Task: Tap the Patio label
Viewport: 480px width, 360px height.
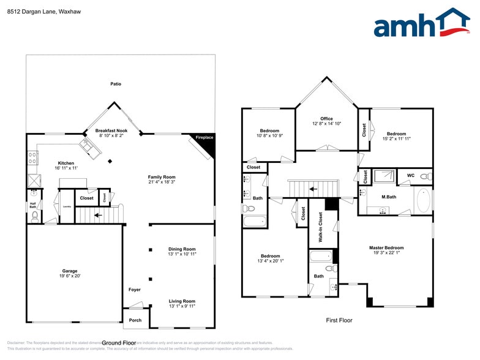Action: [x=116, y=84]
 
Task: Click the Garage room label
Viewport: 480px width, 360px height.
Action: [x=69, y=271]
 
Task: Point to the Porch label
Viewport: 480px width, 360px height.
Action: [x=135, y=320]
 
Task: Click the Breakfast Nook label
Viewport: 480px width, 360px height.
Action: [x=111, y=131]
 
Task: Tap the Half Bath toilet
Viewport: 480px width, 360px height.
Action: [x=33, y=216]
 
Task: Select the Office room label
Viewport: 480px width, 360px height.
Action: [x=326, y=119]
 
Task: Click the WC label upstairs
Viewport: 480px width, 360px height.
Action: [x=411, y=176]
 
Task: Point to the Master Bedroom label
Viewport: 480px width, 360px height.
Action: [x=386, y=248]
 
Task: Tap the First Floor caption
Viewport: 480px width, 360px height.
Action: [x=339, y=320]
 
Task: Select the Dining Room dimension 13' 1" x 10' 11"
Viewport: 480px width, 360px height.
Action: [x=182, y=254]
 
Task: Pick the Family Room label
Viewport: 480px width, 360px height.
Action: [x=162, y=177]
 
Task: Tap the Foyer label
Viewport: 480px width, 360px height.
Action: [x=135, y=290]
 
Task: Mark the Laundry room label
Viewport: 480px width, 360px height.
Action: [x=67, y=206]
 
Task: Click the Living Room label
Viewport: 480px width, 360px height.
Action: [x=182, y=301]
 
